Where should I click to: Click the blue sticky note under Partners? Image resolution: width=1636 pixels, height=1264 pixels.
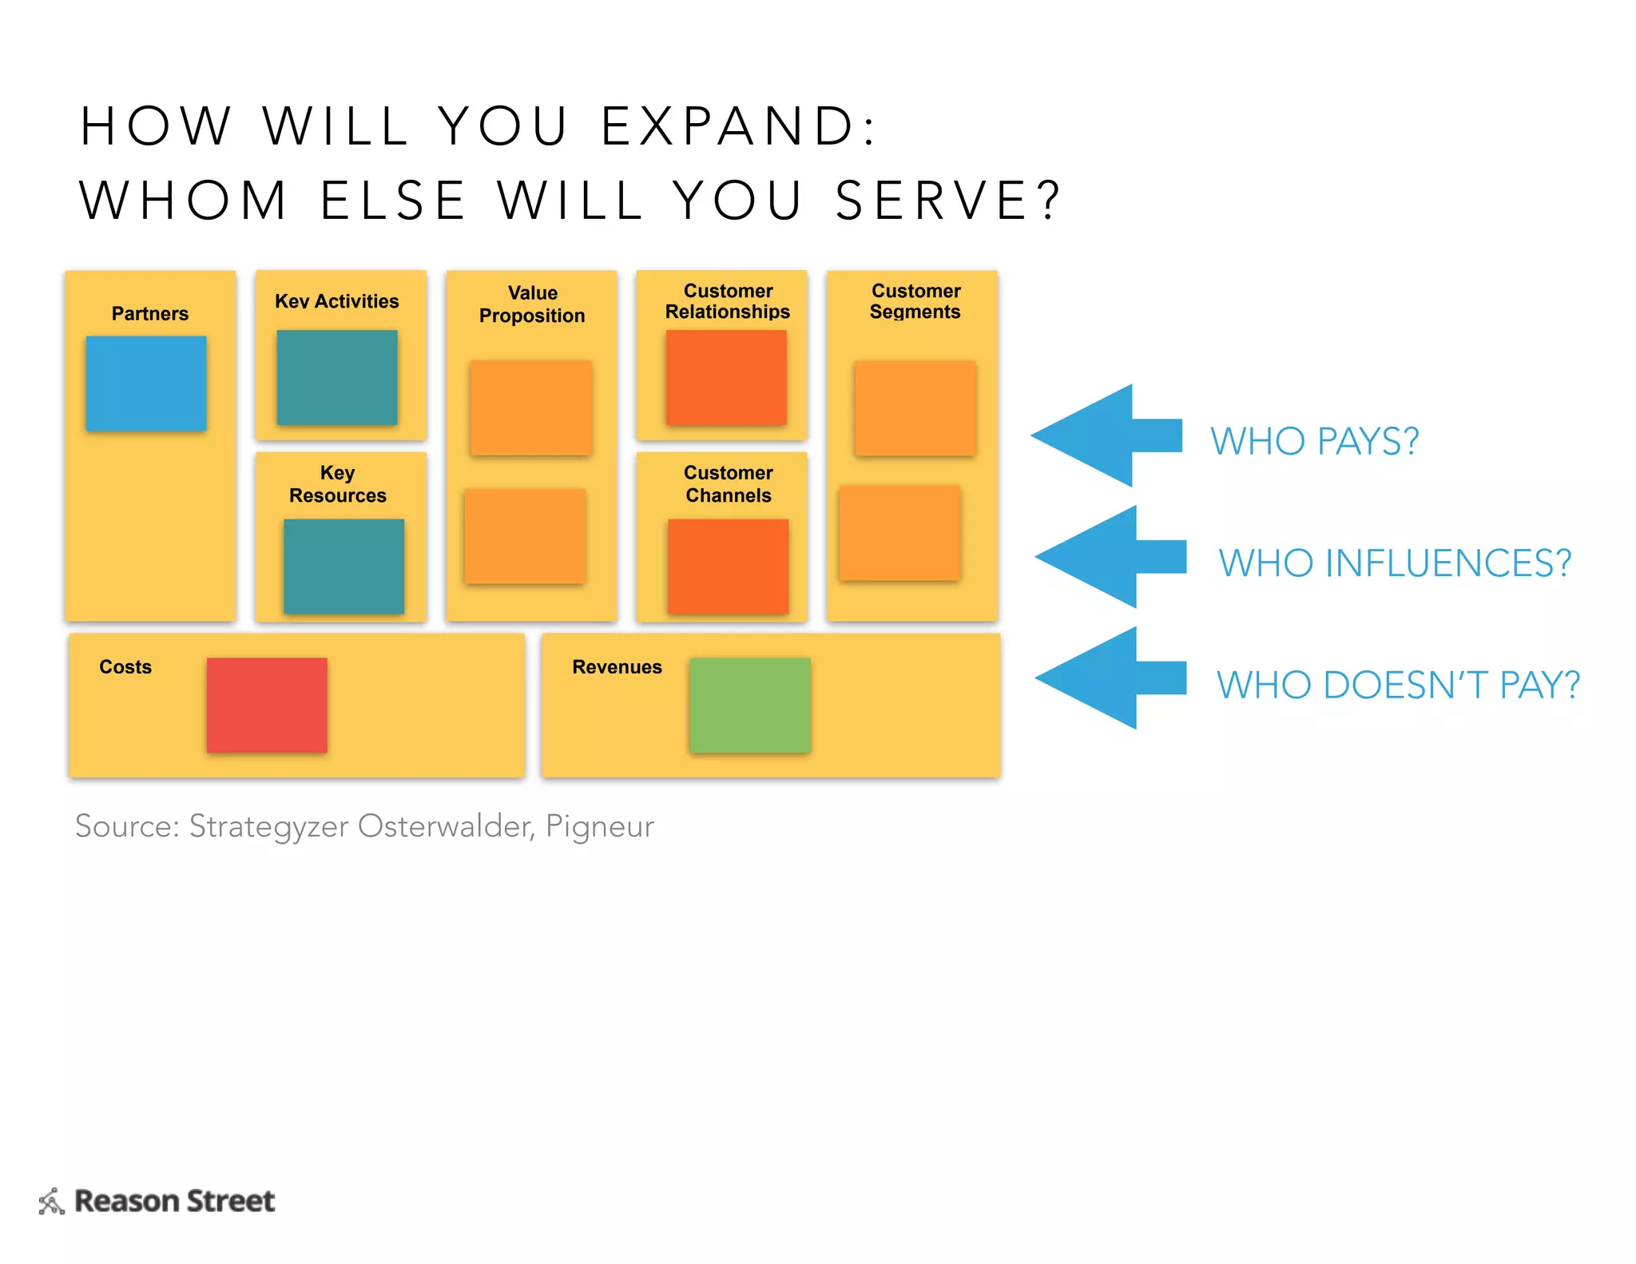point(146,384)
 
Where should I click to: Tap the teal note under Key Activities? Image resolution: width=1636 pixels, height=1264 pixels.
point(336,377)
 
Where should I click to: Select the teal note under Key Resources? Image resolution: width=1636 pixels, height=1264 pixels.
point(343,566)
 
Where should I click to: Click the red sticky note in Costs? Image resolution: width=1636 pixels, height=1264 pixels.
point(267,705)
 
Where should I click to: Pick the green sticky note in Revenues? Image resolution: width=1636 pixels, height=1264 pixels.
point(750,705)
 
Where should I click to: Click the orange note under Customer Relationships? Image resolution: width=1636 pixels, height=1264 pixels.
point(726,377)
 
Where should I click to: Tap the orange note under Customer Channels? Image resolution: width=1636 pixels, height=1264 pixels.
point(728,566)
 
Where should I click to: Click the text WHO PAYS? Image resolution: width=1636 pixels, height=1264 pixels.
point(1314,441)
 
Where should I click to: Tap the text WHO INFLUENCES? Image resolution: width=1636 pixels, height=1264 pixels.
point(1395,563)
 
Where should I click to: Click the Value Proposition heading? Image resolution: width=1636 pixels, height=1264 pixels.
point(532,304)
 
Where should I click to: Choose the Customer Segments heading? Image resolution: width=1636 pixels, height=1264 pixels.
point(915,301)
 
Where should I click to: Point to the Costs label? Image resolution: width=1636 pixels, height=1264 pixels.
point(125,667)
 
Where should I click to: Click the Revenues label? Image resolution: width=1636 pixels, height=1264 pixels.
point(617,667)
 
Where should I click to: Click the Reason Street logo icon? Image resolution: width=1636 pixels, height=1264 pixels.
point(52,1201)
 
